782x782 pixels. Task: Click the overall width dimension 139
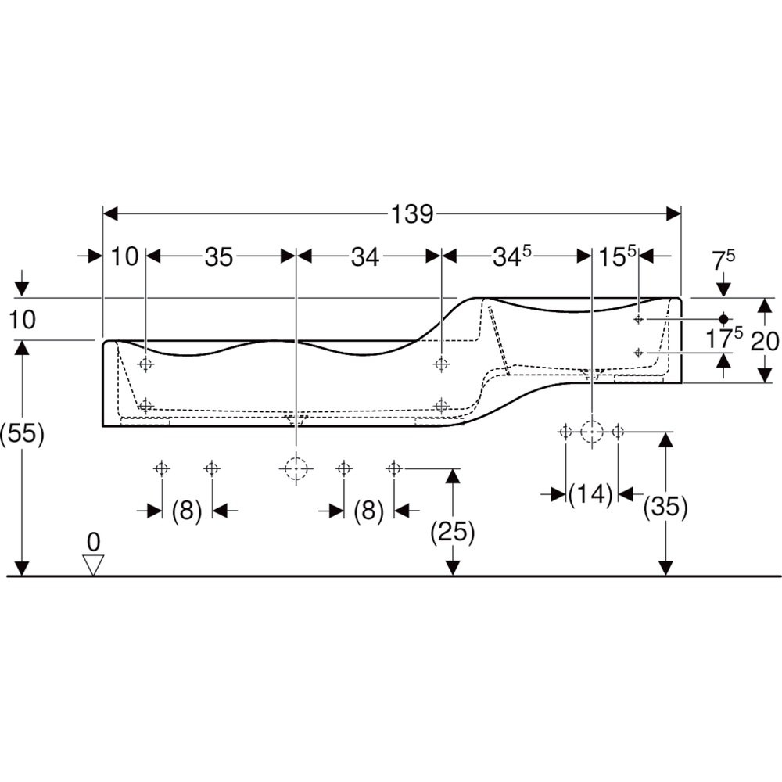[x=412, y=214]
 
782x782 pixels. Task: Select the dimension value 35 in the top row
[x=219, y=256]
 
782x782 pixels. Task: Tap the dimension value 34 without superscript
[x=365, y=256]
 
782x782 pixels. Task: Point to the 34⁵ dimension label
[x=512, y=256]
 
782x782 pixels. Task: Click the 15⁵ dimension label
[x=617, y=256]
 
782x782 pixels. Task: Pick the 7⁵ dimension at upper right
[x=723, y=260]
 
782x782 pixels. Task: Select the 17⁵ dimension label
[x=723, y=338]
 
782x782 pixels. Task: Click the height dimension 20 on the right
[x=765, y=342]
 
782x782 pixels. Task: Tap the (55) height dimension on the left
[x=22, y=433]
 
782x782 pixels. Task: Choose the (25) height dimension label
[x=452, y=532]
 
